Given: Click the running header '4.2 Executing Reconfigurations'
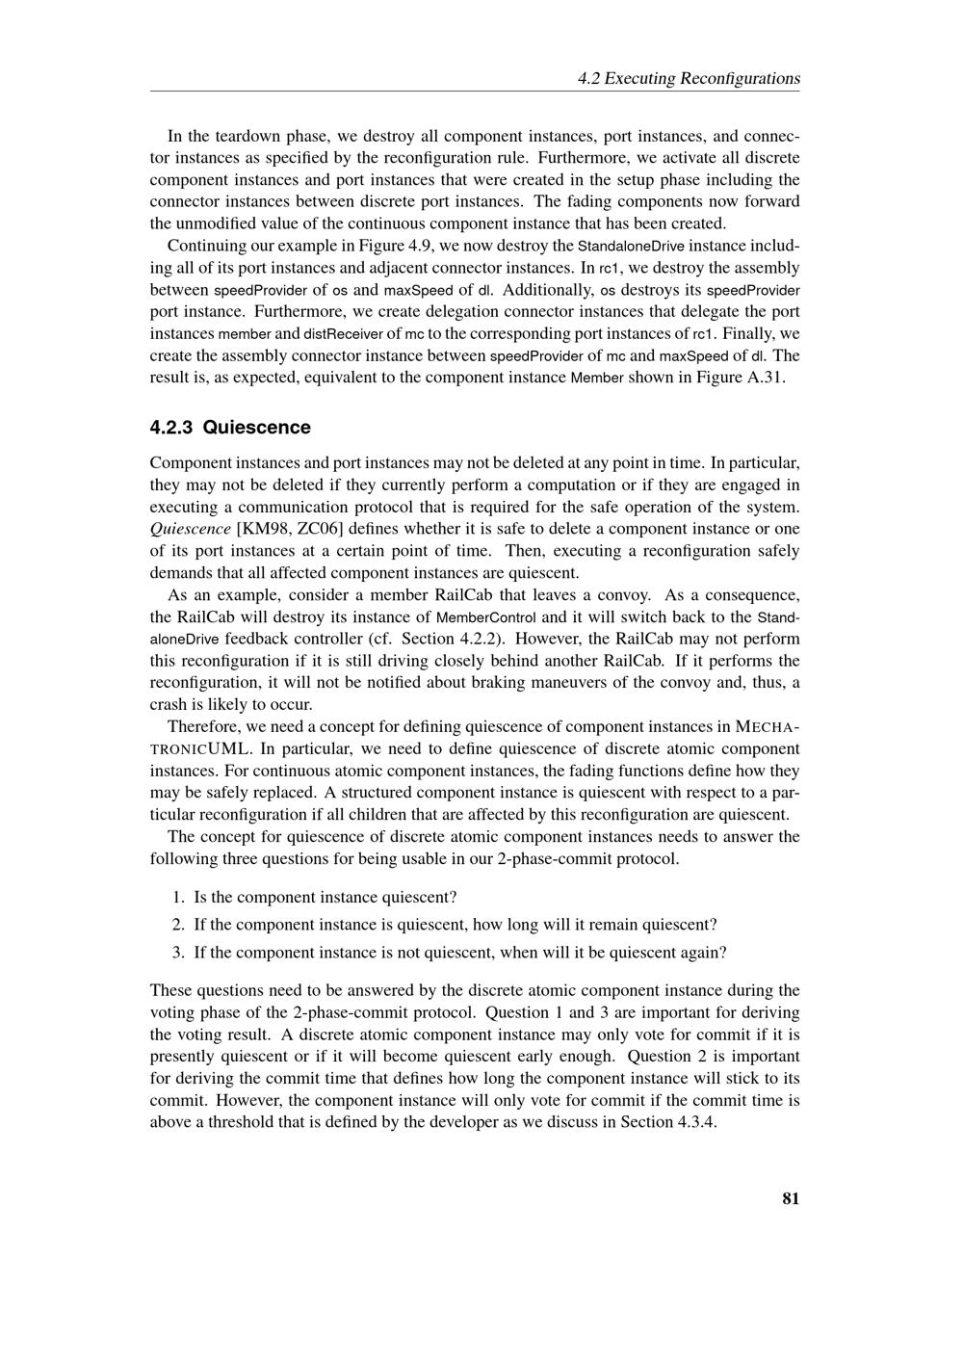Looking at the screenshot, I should pyautogui.click(x=689, y=78).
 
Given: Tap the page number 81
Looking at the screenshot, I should pyautogui.click(x=791, y=1198).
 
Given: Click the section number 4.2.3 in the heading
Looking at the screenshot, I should pyautogui.click(x=172, y=427).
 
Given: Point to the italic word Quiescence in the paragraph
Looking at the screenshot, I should pyautogui.click(x=190, y=529).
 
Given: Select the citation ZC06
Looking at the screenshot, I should pyautogui.click(x=320, y=529).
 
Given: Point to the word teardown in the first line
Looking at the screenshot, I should pyautogui.click(x=250, y=136).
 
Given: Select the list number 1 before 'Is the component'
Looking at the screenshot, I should pyautogui.click(x=178, y=897).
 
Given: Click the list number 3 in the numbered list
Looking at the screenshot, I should pyautogui.click(x=178, y=952).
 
